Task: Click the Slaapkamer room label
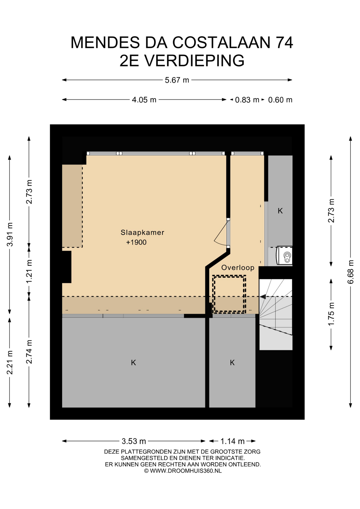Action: click(142, 232)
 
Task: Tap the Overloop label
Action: click(238, 267)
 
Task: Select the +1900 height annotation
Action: click(136, 242)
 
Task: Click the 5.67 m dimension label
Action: click(177, 80)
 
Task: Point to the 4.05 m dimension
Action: click(144, 100)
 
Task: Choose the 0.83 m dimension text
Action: click(247, 100)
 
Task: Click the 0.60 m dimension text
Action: click(280, 100)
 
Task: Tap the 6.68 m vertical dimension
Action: click(350, 272)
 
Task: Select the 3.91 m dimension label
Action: click(10, 234)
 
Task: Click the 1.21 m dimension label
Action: click(29, 271)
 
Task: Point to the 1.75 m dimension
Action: click(331, 314)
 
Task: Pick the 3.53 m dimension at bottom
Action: click(134, 441)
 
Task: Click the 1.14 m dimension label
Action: click(232, 441)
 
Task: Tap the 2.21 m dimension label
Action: click(10, 362)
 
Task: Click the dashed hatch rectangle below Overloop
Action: click(229, 294)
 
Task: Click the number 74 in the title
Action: click(284, 42)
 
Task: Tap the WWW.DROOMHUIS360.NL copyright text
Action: click(183, 471)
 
